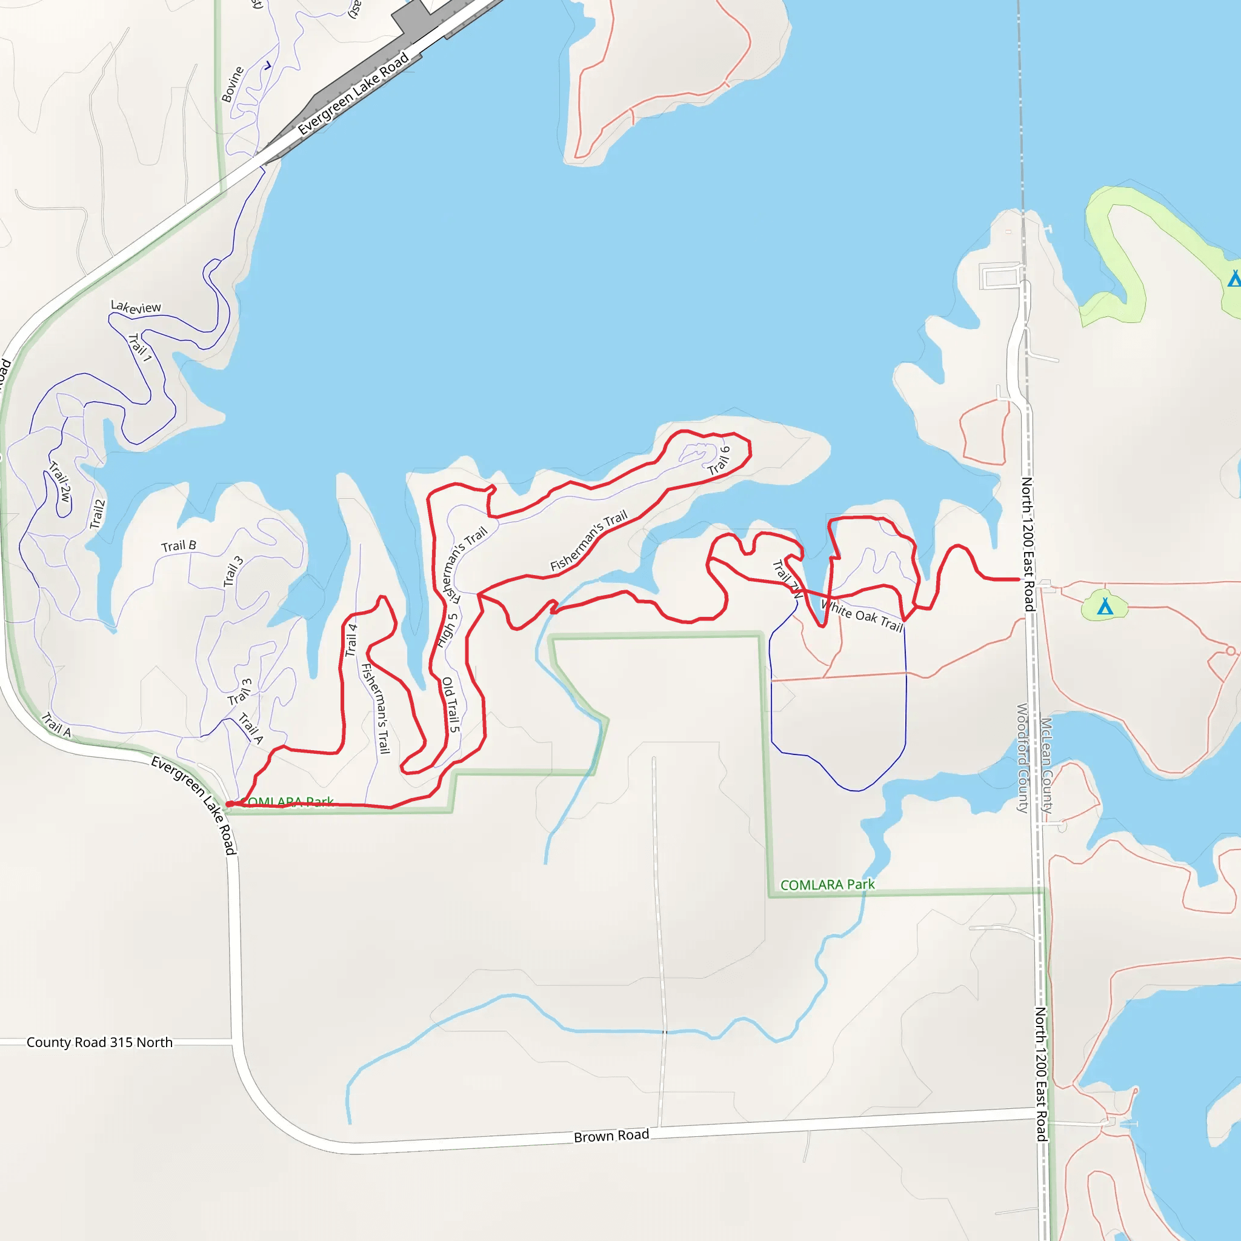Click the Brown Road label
point(611,1136)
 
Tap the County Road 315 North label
point(99,1042)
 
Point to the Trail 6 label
point(719,461)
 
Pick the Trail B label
point(179,546)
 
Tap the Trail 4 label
point(351,640)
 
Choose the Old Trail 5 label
point(451,705)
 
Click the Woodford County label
point(1022,758)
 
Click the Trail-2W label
point(61,482)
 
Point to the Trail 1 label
point(140,347)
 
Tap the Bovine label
point(233,84)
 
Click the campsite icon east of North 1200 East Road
point(1105,606)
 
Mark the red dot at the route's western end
point(229,804)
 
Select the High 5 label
point(447,630)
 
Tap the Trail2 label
point(97,514)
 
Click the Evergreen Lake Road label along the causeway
point(353,94)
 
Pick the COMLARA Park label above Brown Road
point(827,885)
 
